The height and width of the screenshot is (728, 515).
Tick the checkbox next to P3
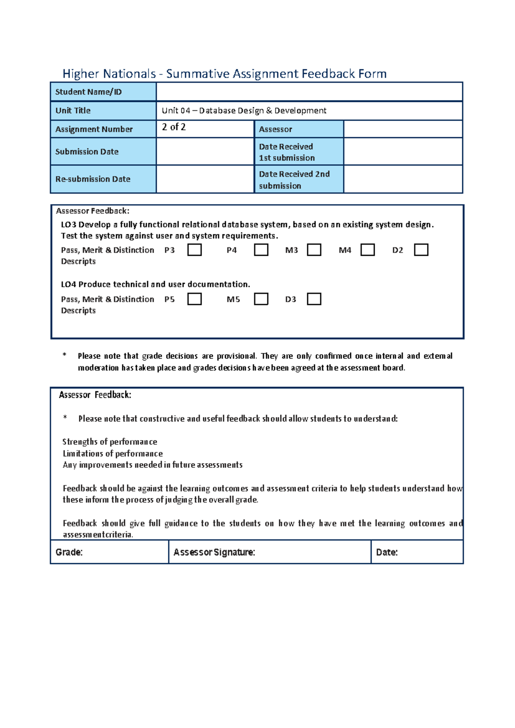click(194, 250)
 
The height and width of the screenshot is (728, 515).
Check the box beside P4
click(261, 250)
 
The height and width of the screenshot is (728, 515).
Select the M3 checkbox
click(314, 250)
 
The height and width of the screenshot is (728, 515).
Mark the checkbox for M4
click(367, 250)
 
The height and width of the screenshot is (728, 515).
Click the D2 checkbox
click(421, 250)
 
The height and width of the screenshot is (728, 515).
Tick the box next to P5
click(194, 299)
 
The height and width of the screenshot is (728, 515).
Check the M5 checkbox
click(261, 299)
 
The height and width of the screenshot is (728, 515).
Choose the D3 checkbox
click(314, 299)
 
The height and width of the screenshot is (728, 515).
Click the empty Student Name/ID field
click(309, 92)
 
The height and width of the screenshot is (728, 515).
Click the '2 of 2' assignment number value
click(174, 127)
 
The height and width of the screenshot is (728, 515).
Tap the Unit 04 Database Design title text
click(244, 111)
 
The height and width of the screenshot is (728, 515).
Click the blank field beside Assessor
click(403, 129)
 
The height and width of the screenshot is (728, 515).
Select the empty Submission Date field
click(205, 152)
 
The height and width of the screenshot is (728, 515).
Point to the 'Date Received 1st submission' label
click(287, 152)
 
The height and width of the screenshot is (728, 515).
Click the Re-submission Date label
click(93, 179)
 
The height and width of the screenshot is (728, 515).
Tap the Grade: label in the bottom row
click(69, 552)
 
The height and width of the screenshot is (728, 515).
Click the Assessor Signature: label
click(214, 552)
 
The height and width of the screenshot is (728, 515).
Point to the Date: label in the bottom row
click(387, 552)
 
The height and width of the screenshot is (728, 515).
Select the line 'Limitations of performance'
click(113, 454)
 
